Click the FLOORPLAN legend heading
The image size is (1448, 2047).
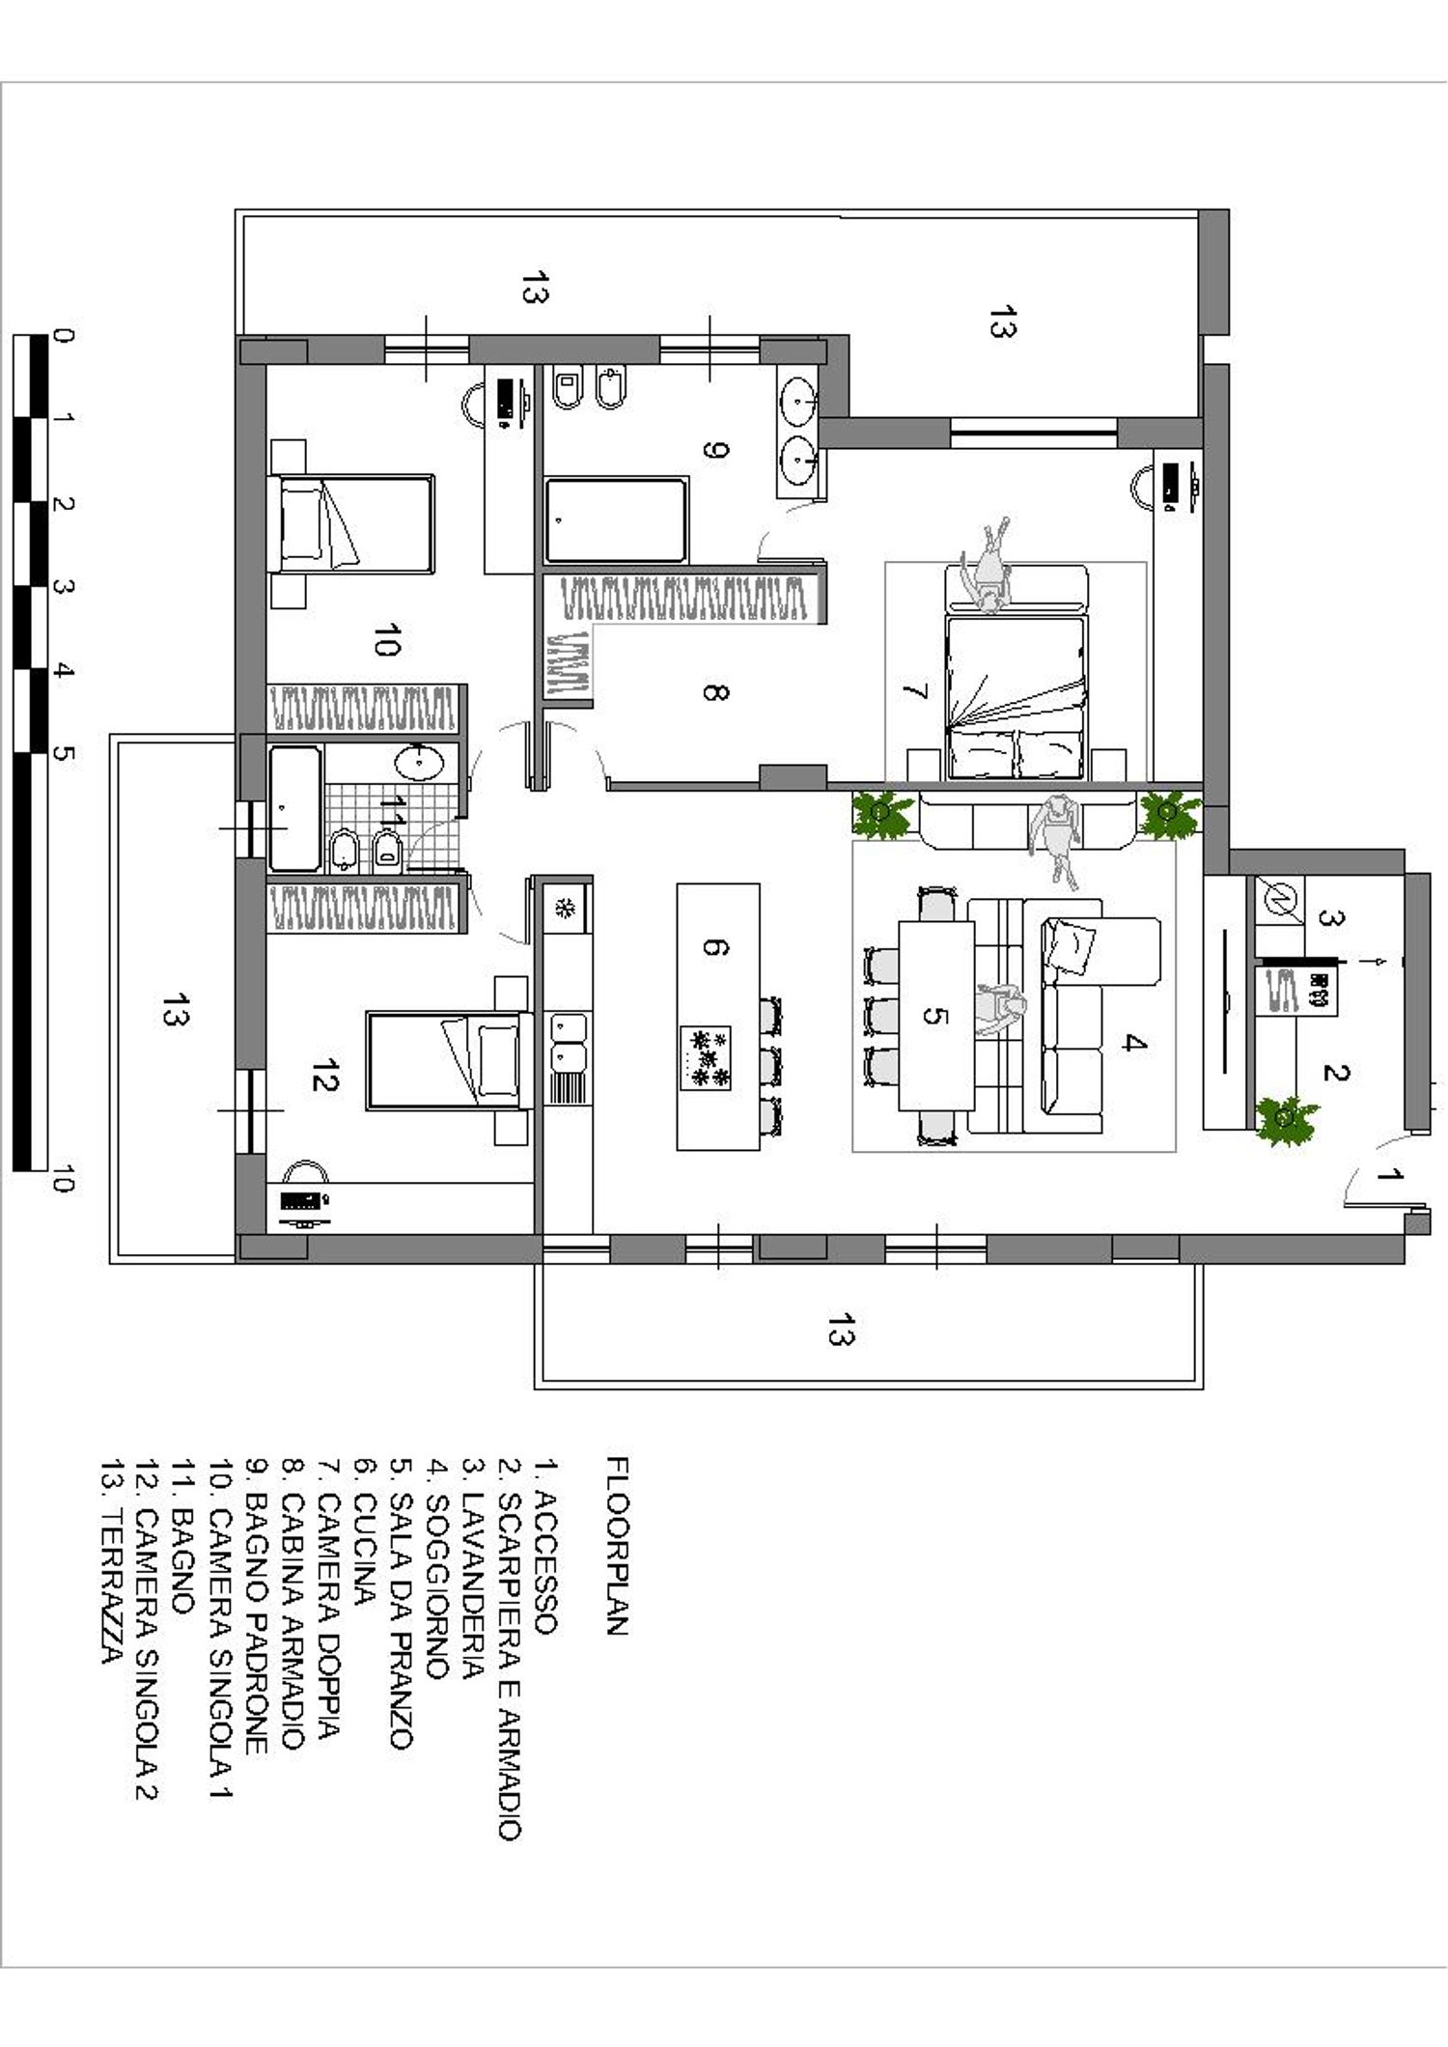click(x=618, y=1545)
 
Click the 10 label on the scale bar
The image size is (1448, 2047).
click(x=61, y=1179)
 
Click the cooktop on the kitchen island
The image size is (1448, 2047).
click(x=706, y=1058)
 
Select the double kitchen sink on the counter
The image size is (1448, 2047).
click(x=567, y=1043)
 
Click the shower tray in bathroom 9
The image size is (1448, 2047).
click(x=616, y=519)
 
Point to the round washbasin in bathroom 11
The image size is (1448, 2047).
click(x=419, y=762)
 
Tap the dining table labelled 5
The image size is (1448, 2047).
click(x=935, y=1016)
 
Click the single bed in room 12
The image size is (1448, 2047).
click(x=443, y=1059)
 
